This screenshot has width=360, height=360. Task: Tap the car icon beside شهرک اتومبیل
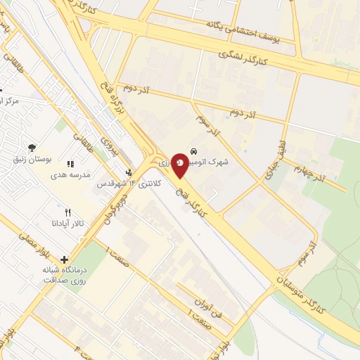click(193, 150)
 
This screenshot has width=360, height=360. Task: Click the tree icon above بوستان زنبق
click(32, 147)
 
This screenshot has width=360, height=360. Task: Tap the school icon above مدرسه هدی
click(70, 164)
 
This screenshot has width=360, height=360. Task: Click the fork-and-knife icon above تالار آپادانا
click(67, 212)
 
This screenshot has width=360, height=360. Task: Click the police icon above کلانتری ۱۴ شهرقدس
click(128, 172)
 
